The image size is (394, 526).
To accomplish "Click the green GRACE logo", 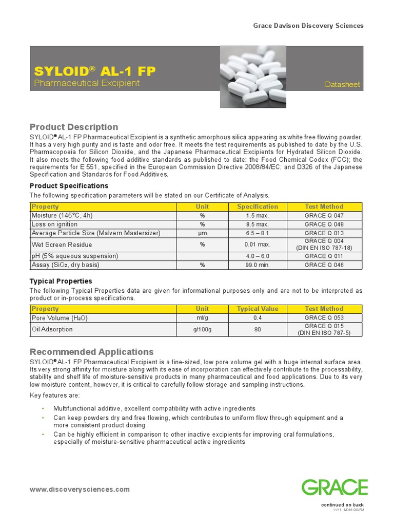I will pyautogui.click(x=334, y=487).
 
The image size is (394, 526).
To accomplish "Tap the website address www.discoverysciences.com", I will pyautogui.click(x=80, y=490).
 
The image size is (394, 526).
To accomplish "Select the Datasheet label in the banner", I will pyautogui.click(x=343, y=84).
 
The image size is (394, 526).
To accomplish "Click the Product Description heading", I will pyautogui.click(x=74, y=127).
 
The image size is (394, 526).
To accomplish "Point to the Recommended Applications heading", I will pyautogui.click(x=91, y=352).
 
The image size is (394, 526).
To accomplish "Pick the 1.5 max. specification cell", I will pyautogui.click(x=257, y=216).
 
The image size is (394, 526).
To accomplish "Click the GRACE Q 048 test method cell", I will pyautogui.click(x=324, y=224).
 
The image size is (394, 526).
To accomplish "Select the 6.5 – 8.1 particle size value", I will pyautogui.click(x=257, y=233).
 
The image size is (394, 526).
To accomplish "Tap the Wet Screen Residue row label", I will pyautogui.click(x=62, y=245).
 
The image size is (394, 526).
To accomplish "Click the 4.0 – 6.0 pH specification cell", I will pyautogui.click(x=257, y=256).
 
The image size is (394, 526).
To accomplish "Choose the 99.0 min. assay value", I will pyautogui.click(x=257, y=265).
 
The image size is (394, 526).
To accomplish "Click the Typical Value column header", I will pyautogui.click(x=257, y=309).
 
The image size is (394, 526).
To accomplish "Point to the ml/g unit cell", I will pyautogui.click(x=202, y=318).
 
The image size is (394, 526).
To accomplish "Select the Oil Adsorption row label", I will pyautogui.click(x=52, y=329).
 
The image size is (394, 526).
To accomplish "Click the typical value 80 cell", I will pyautogui.click(x=257, y=329).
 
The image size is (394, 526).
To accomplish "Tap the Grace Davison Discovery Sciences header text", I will pyautogui.click(x=308, y=26).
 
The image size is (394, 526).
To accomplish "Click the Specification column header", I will pyautogui.click(x=257, y=206).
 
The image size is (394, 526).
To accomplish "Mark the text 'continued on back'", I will pyautogui.click(x=342, y=505).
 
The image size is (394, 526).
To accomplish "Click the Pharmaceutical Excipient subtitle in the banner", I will pyautogui.click(x=87, y=83).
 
